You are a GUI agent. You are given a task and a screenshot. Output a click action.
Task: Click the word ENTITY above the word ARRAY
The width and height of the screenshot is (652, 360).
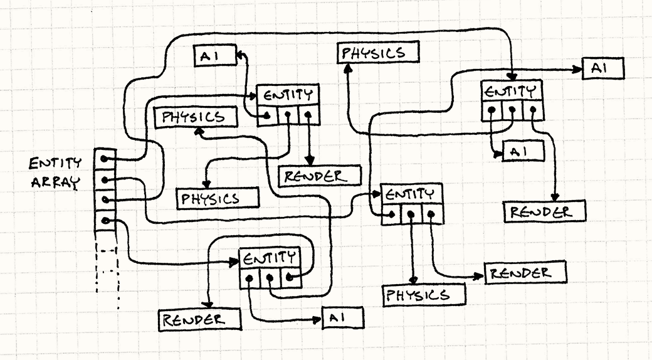tap(55, 164)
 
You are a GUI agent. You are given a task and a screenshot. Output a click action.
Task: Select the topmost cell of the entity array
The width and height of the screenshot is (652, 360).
tap(105, 159)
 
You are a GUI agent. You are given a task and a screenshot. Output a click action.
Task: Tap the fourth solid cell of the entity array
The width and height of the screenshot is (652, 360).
tap(105, 221)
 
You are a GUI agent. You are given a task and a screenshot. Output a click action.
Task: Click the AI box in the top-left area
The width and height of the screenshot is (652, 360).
tap(213, 56)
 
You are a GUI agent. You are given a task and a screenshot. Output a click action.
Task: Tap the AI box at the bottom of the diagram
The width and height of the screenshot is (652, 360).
tap(342, 319)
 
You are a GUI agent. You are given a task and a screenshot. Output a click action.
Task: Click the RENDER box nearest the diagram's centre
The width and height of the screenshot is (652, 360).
tap(320, 176)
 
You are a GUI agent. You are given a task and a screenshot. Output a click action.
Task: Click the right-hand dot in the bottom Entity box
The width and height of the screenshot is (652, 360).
tap(290, 277)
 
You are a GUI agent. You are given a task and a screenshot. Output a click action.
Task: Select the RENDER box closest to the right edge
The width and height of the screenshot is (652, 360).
tap(545, 212)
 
